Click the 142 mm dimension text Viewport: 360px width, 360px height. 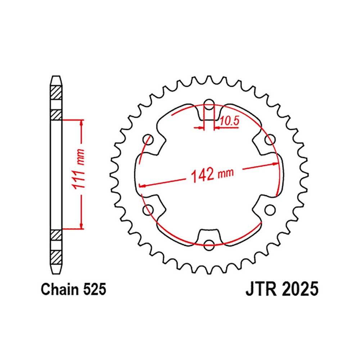click(x=212, y=174)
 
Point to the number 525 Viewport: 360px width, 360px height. click(x=94, y=289)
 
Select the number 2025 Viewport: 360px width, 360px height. click(x=301, y=289)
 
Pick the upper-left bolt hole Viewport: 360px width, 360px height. click(x=148, y=140)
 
